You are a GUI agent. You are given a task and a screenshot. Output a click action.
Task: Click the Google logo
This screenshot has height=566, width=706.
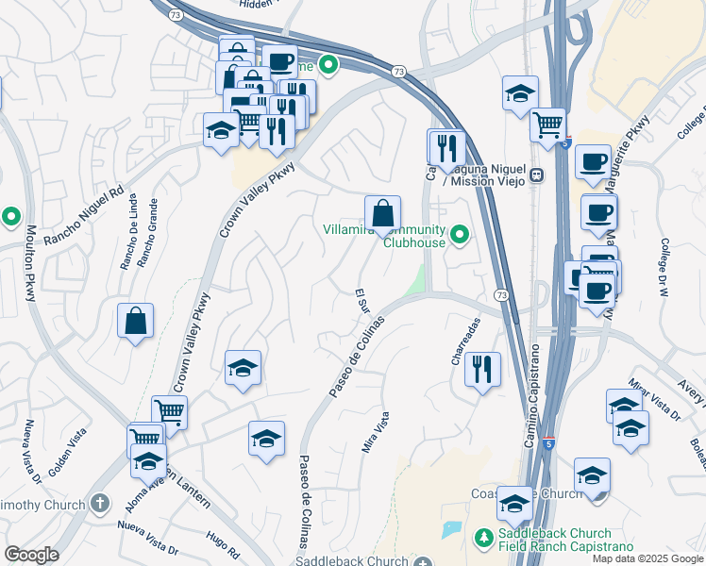coord(31,555)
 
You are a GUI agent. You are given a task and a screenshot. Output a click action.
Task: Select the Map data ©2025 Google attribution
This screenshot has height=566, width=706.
coord(647,558)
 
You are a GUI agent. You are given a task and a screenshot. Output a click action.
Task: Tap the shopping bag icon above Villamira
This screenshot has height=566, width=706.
coord(382,213)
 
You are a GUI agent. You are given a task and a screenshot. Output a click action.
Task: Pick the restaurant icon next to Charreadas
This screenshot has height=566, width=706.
coord(483,369)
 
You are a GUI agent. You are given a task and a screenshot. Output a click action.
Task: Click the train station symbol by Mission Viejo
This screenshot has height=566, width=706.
coord(537,175)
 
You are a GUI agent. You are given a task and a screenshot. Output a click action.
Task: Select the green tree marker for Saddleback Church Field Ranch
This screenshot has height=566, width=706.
coord(483,537)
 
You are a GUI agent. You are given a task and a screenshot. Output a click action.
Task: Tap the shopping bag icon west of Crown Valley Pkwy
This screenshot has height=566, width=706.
coord(136,321)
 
